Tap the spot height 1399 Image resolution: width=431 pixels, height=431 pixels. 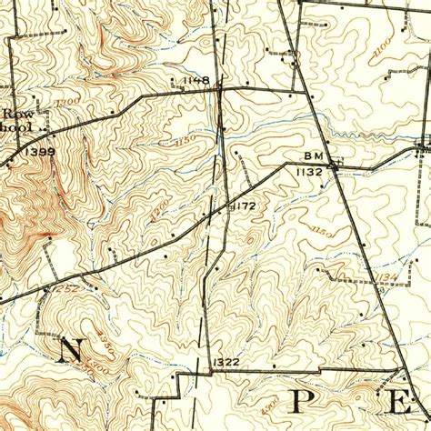[40, 150]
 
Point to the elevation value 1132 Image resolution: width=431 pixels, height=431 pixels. [310, 170]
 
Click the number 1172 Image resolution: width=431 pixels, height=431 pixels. [243, 206]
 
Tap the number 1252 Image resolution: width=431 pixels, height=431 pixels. [65, 288]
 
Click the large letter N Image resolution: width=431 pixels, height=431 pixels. [69, 350]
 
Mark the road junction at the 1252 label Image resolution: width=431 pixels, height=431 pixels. [45, 289]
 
